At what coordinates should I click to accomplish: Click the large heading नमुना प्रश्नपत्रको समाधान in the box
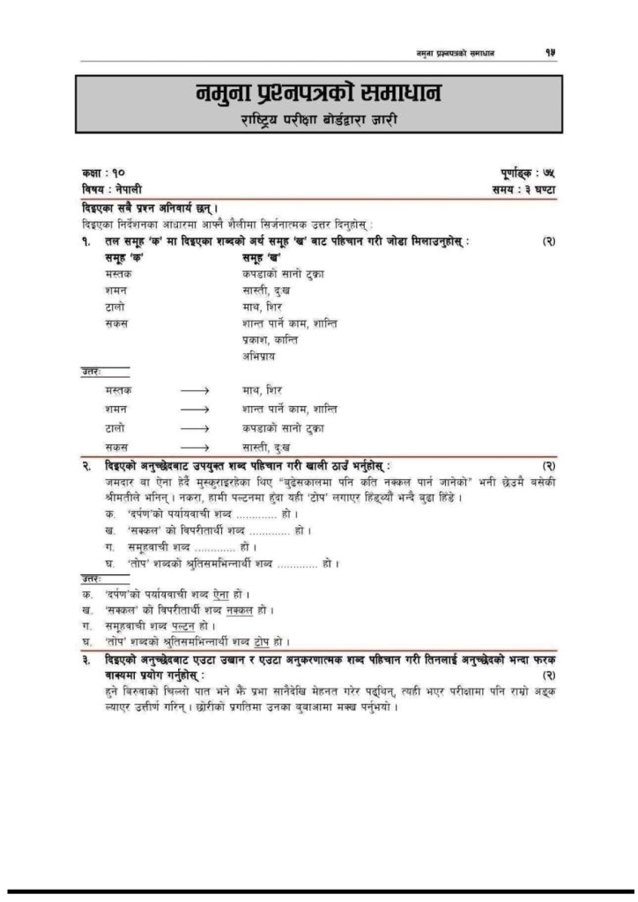point(319,93)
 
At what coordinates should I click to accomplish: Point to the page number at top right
point(551,53)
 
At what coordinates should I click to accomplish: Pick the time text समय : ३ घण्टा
point(525,189)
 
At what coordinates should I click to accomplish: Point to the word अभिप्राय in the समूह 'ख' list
point(262,357)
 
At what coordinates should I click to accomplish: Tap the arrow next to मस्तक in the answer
point(194,389)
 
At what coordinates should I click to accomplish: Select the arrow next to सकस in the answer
point(194,447)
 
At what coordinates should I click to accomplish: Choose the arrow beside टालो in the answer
point(194,428)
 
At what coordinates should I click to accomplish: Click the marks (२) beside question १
point(548,240)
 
